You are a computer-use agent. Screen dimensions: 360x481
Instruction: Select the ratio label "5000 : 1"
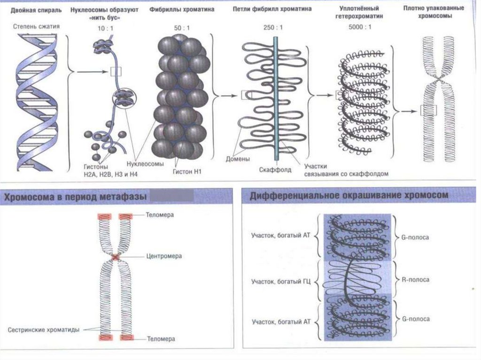(x=361, y=26)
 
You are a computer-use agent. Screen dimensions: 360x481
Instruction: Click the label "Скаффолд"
(x=275, y=169)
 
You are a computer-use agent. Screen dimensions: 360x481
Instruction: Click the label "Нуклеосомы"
(x=145, y=164)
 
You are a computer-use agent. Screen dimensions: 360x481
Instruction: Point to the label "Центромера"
(x=163, y=256)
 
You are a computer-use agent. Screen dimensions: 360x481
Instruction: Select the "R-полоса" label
(x=416, y=280)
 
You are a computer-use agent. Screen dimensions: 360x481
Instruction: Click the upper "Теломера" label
(x=160, y=215)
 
